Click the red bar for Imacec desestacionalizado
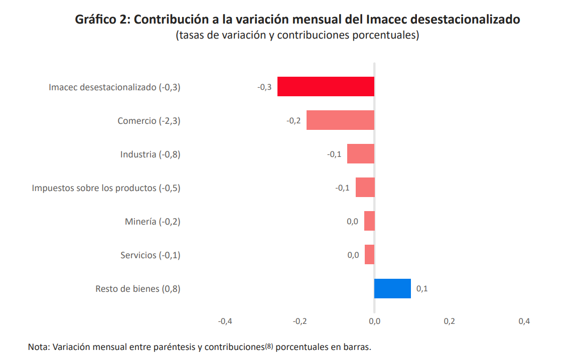coord(326,86)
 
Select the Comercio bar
coord(340,120)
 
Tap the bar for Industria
coord(360,154)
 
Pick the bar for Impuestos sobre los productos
coord(365,188)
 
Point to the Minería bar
coord(369,221)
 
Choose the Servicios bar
coord(369,255)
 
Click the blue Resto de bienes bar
coord(392,288)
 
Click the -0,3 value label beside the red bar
coord(264,87)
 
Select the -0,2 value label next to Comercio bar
coord(294,121)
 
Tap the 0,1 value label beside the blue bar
coord(422,289)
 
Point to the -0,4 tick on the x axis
coord(225,321)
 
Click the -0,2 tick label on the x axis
coord(300,321)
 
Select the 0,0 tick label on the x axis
coord(374,321)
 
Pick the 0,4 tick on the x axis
coord(524,321)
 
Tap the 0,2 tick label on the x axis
coord(449,321)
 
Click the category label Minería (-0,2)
coord(153,222)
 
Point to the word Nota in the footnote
coord(38,347)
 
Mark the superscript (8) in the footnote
coord(269,345)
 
